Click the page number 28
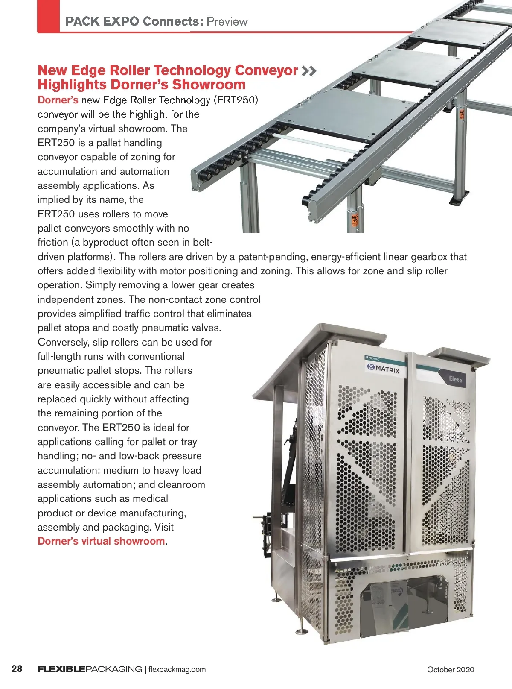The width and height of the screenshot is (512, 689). [x=17, y=668]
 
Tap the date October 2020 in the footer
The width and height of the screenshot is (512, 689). [x=450, y=669]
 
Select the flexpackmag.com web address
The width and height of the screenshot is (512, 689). [x=177, y=669]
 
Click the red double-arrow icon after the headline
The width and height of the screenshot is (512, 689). [x=309, y=71]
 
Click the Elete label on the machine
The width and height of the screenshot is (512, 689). [x=455, y=379]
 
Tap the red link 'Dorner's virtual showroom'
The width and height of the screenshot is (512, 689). [x=101, y=541]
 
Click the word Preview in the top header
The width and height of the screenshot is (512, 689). [x=227, y=21]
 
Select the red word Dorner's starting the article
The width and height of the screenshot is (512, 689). [x=58, y=100]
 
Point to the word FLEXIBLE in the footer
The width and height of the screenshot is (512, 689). [x=61, y=669]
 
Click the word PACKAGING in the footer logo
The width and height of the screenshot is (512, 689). [x=114, y=669]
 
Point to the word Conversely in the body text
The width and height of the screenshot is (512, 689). [x=64, y=342]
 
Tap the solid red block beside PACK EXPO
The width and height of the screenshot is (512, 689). [x=48, y=16]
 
